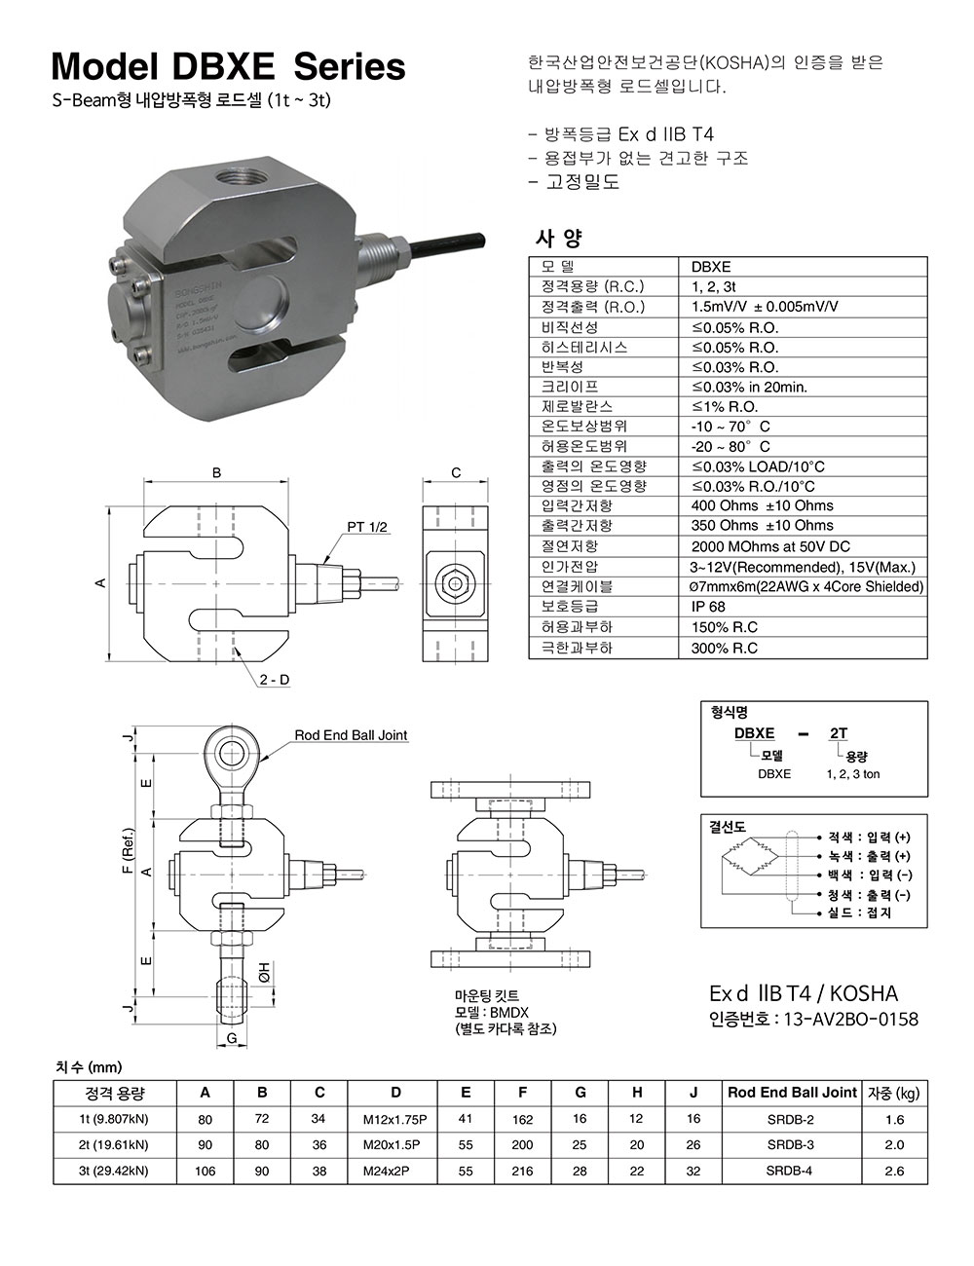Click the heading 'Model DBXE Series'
(228, 66)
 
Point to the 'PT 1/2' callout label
(367, 527)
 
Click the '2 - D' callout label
(274, 679)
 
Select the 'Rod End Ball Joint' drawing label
(351, 735)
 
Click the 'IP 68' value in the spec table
(708, 607)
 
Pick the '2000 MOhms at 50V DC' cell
(769, 546)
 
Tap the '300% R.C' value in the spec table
(724, 648)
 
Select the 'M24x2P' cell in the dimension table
(389, 1171)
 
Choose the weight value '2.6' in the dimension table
(894, 1171)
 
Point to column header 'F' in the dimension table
(522, 1093)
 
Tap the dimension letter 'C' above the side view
(456, 473)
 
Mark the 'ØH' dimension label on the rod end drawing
(264, 972)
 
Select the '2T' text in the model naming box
(838, 733)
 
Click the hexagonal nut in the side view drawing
(455, 582)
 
